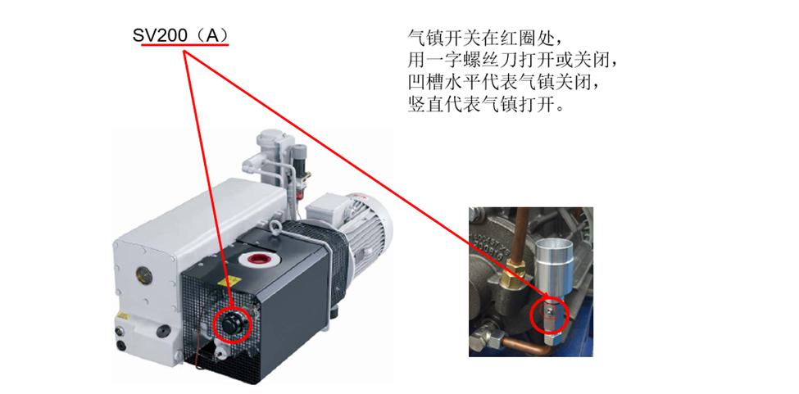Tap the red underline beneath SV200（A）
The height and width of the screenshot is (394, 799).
pos(185,45)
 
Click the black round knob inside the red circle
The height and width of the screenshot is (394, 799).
pos(232,322)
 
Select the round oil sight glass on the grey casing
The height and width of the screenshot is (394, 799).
pos(141,274)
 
